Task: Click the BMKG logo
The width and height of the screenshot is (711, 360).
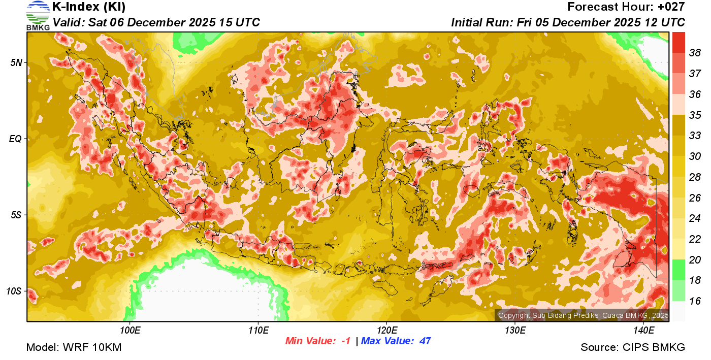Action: tap(38, 15)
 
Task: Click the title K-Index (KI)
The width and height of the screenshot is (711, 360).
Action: tap(89, 7)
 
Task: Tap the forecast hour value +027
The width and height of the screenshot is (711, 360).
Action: tap(671, 7)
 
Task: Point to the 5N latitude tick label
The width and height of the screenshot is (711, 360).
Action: tap(16, 62)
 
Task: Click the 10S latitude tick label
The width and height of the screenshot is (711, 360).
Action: tap(14, 291)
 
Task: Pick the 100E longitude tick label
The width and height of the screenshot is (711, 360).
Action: tap(130, 331)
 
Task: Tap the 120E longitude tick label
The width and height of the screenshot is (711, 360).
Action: tap(386, 331)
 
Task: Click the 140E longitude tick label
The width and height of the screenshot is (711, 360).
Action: tap(643, 331)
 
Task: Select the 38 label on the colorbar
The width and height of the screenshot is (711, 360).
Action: tap(695, 52)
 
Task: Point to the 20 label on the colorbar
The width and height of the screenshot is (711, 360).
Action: tap(695, 259)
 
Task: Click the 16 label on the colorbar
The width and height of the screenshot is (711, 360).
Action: tap(695, 301)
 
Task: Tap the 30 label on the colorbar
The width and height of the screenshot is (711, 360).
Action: tap(695, 156)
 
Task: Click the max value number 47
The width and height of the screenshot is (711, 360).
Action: tap(425, 341)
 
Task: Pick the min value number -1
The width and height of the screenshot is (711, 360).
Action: tap(345, 341)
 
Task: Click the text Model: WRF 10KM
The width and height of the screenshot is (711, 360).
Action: tap(74, 347)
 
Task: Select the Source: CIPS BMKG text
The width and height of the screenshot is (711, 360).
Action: tap(633, 347)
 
